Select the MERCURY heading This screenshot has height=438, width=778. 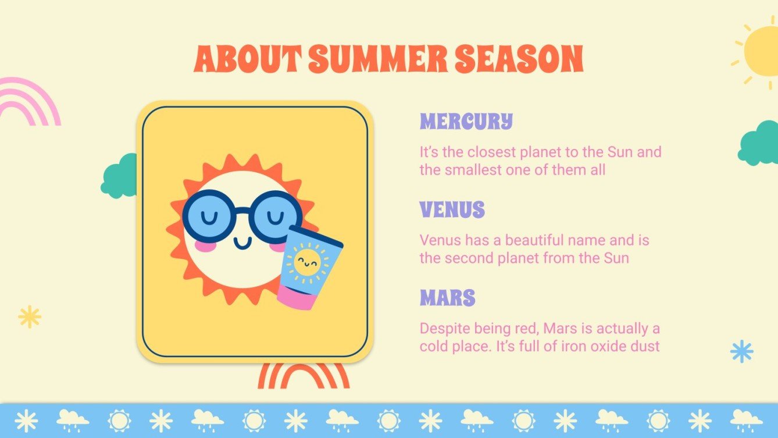coord(466,122)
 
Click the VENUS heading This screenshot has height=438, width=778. coord(452,210)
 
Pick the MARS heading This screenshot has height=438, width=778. coord(448,298)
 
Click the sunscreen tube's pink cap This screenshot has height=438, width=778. coord(297,297)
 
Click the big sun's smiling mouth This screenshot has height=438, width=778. coord(243,242)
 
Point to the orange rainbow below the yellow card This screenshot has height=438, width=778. coord(304,375)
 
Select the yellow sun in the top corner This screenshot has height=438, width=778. coord(762,51)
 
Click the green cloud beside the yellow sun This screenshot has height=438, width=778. coord(759,143)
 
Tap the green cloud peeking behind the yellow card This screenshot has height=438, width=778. coord(120,177)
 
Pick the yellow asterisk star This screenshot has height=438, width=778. coord(30,317)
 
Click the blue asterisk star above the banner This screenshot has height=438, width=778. coord(741,351)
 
